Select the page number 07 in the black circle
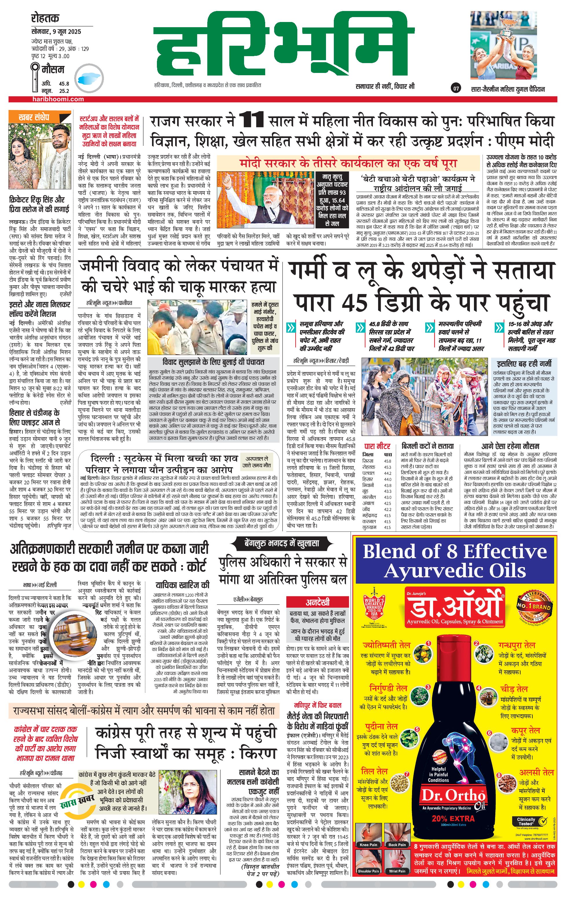456,89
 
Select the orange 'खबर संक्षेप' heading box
40,117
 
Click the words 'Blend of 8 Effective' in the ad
455,552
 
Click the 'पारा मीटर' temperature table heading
377,446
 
